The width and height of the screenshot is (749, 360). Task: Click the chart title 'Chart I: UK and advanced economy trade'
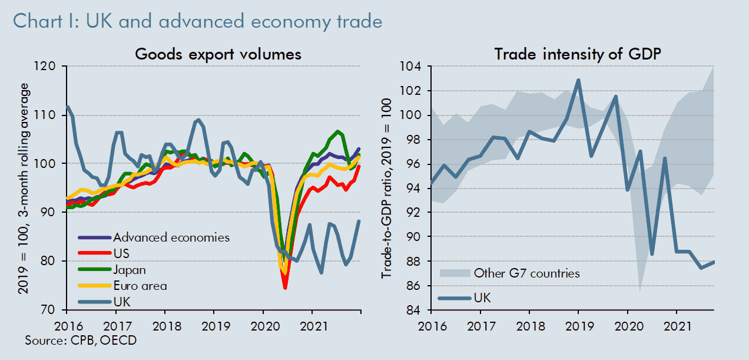[197, 22]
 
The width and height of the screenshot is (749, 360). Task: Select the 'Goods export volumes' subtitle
[218, 54]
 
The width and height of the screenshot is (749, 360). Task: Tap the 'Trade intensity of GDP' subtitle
[577, 54]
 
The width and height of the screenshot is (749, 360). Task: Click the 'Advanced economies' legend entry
[171, 238]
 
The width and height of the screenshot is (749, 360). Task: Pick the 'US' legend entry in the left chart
[121, 254]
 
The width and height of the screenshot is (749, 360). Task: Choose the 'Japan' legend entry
[130, 270]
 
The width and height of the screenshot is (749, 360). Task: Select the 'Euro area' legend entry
[140, 286]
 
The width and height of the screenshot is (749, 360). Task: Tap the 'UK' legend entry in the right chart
[482, 298]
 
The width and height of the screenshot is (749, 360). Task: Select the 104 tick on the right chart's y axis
[409, 66]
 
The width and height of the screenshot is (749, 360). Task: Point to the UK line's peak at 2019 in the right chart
[578, 80]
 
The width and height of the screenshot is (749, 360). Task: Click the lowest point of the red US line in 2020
[285, 288]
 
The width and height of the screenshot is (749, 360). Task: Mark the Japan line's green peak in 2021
[338, 131]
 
